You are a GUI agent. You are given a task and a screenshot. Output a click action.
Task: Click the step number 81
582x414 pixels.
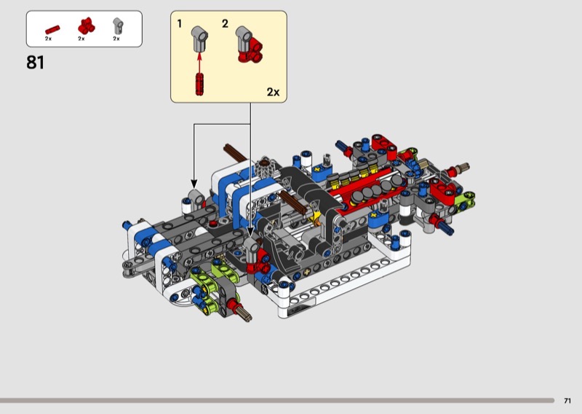click(x=35, y=63)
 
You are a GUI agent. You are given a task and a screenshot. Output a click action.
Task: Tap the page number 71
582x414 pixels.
click(x=567, y=401)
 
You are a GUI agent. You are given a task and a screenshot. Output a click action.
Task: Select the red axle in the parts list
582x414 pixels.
click(x=52, y=30)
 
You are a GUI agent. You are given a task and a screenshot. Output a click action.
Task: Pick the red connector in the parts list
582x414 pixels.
click(x=86, y=26)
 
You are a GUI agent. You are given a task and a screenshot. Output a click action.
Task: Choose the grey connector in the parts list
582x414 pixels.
click(x=118, y=26)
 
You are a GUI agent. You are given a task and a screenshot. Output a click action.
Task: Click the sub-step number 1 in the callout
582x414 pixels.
click(x=180, y=24)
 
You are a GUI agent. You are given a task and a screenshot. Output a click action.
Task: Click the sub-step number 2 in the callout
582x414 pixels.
click(x=225, y=24)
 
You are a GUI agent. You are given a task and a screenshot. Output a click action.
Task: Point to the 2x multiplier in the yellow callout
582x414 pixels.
click(x=274, y=92)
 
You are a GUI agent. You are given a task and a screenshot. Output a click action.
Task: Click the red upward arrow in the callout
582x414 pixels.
click(x=199, y=63)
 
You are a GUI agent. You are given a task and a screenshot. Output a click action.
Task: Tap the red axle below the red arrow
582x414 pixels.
click(x=199, y=84)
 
